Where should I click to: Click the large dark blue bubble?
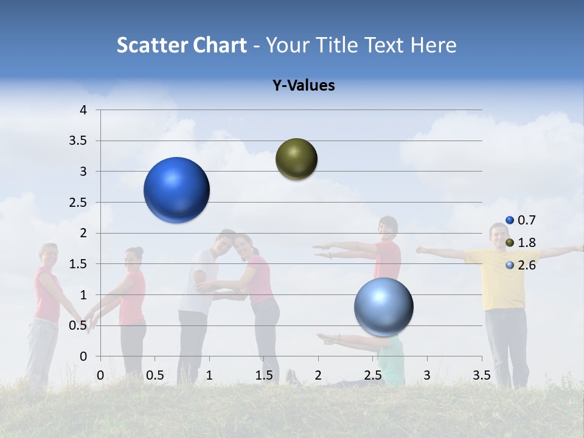(177, 190)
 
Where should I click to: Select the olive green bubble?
(296, 159)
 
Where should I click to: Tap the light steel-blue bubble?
(383, 307)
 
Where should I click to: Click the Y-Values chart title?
(303, 86)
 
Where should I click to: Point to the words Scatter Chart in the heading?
(181, 45)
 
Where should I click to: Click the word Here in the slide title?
(433, 45)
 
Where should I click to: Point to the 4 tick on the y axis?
(83, 110)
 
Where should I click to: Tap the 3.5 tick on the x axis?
(482, 375)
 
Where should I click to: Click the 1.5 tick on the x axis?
(263, 375)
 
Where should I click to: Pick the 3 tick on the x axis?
(426, 375)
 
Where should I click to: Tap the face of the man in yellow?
(499, 234)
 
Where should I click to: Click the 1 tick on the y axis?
(83, 295)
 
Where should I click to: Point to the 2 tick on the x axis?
(318, 375)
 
